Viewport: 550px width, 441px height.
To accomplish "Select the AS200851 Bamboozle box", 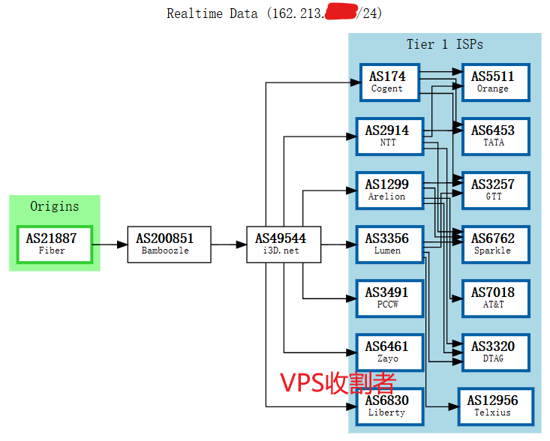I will click(164, 244).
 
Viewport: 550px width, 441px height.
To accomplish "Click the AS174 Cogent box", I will click(386, 82).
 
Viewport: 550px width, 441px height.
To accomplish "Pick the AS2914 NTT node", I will click(386, 136).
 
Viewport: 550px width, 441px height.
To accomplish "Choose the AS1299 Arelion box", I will click(386, 190).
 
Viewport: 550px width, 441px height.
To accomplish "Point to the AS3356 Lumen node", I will click(386, 244).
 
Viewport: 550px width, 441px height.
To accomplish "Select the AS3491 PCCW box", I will click(386, 298).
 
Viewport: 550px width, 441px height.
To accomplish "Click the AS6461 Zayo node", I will click(386, 352).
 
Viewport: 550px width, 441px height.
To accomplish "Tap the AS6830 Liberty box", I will click(386, 406).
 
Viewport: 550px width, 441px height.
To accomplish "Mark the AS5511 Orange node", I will click(492, 82).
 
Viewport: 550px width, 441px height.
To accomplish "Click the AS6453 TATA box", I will click(492, 136).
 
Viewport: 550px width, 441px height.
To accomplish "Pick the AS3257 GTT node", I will click(492, 190).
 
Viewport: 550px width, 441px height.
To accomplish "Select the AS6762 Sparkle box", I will click(492, 244).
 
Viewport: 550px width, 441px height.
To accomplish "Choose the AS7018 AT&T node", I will click(492, 298).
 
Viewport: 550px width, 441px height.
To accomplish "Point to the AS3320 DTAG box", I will click(492, 352).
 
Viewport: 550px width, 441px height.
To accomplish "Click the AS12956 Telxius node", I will click(492, 406).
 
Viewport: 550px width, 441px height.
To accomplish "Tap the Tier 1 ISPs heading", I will click(444, 44).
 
